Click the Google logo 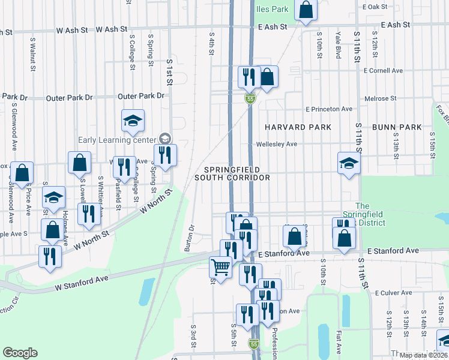(20, 353)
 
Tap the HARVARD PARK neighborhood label (298, 127)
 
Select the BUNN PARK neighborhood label (393, 127)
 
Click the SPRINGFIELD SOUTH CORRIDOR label (232, 173)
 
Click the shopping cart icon (220, 267)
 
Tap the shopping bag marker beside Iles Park (306, 10)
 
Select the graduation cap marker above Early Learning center (133, 121)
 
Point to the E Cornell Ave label (383, 70)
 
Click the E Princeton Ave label (328, 109)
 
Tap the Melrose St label (381, 98)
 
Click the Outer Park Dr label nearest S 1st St (141, 96)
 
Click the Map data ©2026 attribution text (423, 355)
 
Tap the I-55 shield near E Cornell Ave (250, 99)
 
